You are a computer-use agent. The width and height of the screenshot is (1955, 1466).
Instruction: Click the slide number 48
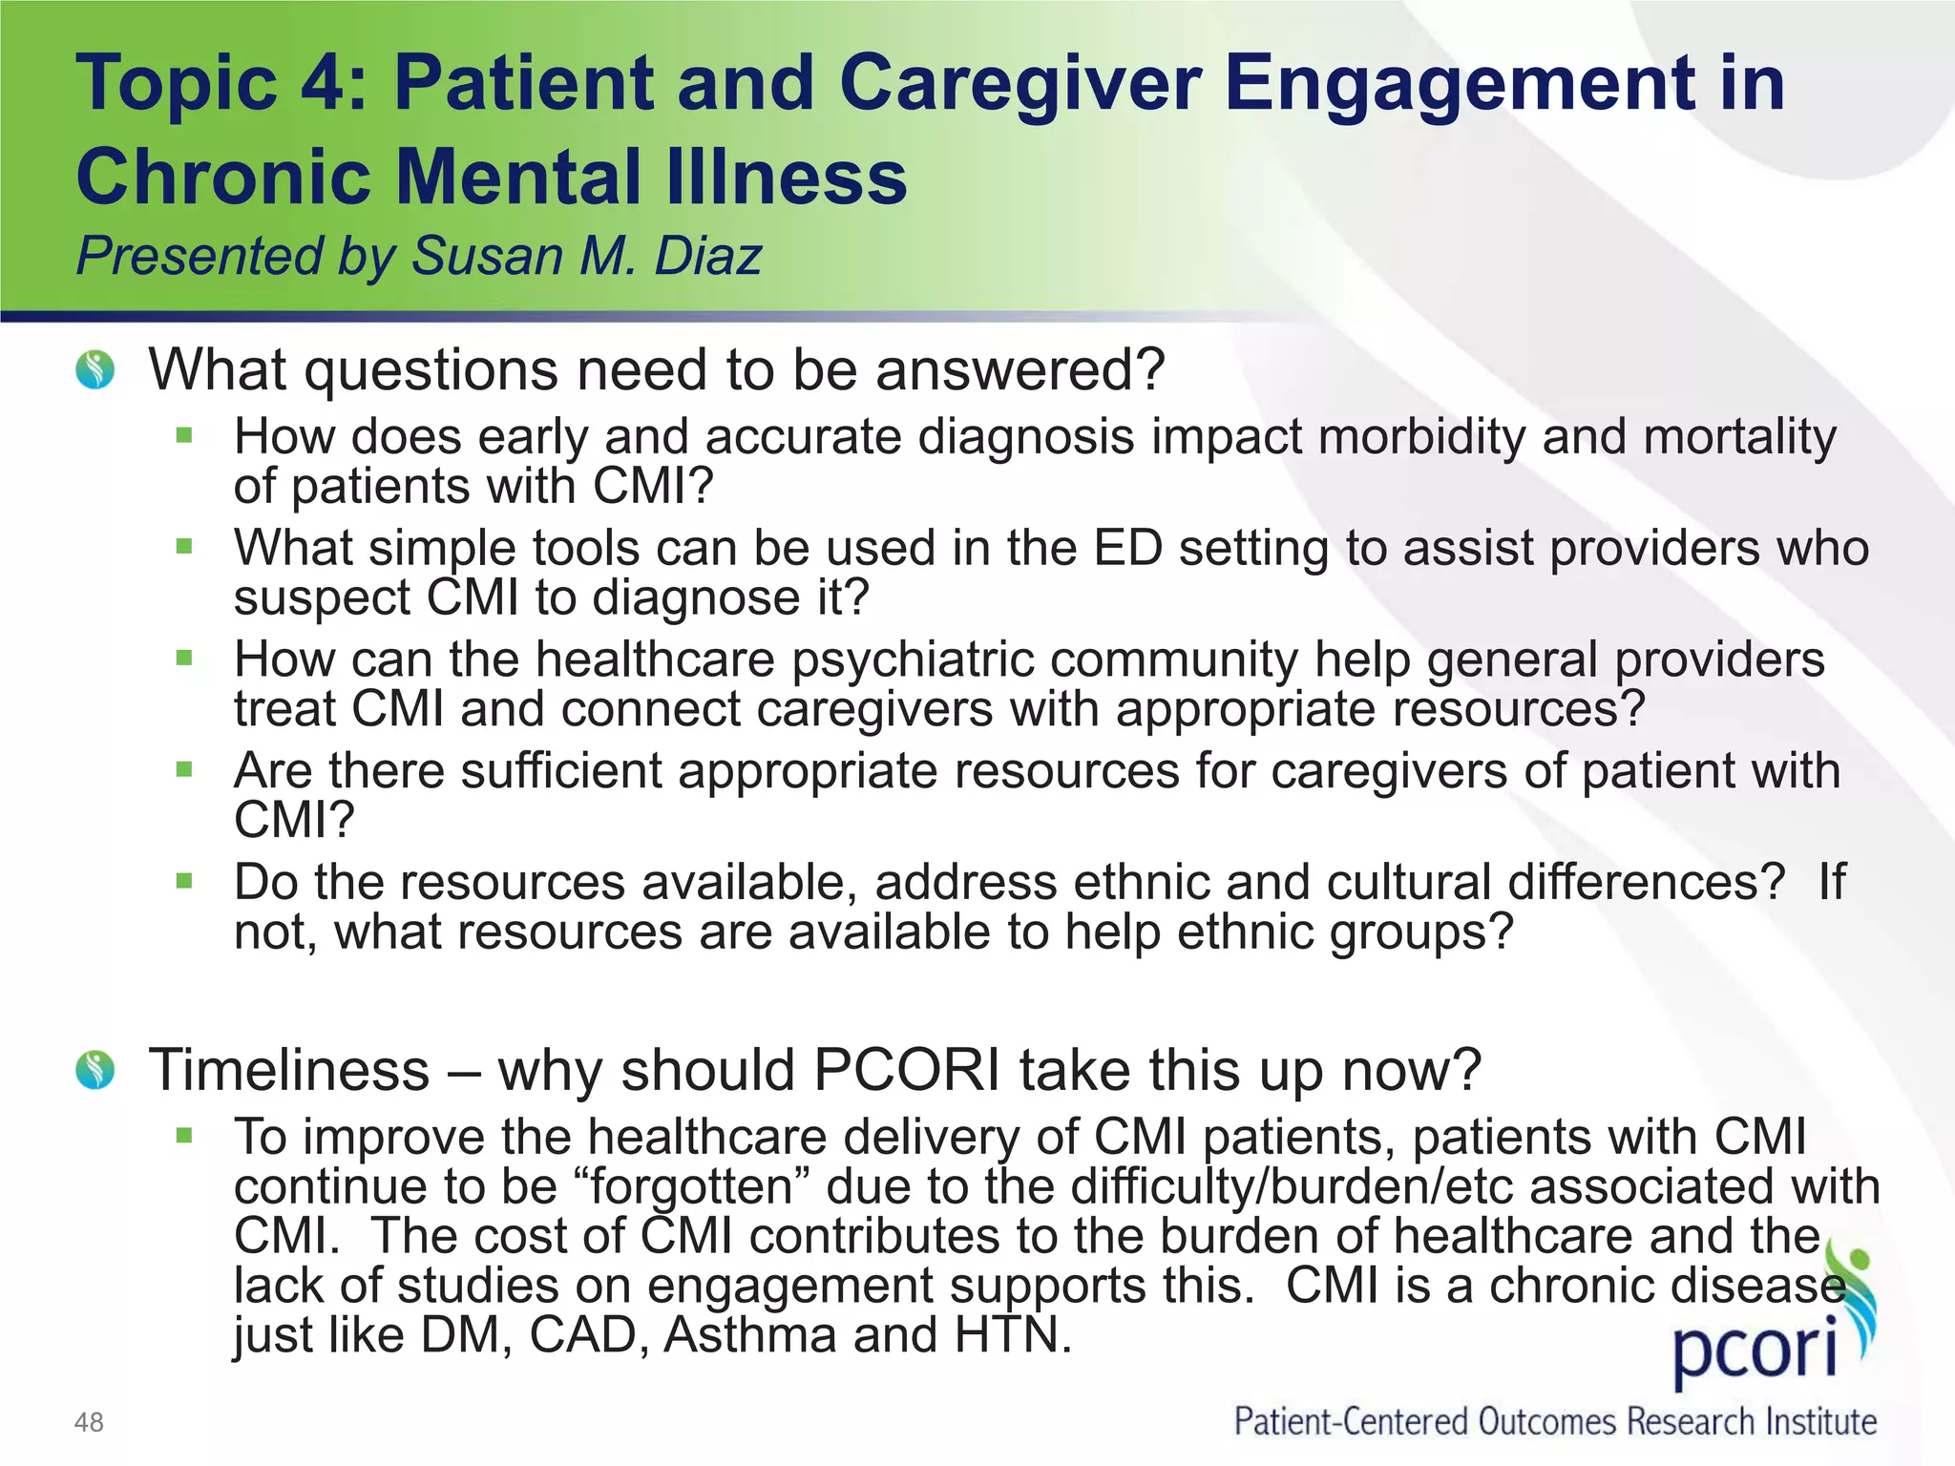click(89, 1422)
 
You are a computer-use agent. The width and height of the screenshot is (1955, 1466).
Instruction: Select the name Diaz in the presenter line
click(707, 256)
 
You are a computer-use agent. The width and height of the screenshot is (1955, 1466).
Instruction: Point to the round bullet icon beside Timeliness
click(95, 1070)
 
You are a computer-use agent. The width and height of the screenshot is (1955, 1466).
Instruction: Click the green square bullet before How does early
click(184, 436)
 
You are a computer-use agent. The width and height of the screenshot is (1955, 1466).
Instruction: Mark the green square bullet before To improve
click(184, 1136)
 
